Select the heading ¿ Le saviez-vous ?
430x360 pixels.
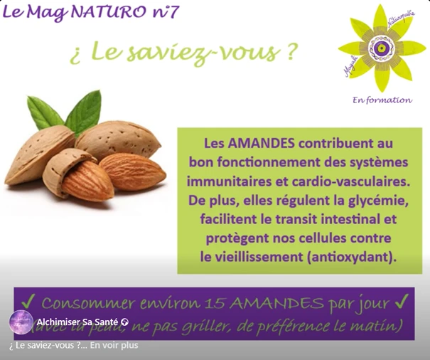click(x=183, y=54)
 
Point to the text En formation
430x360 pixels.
click(x=382, y=100)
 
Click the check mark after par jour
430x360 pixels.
click(x=402, y=302)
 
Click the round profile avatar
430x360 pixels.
click(x=21, y=322)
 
